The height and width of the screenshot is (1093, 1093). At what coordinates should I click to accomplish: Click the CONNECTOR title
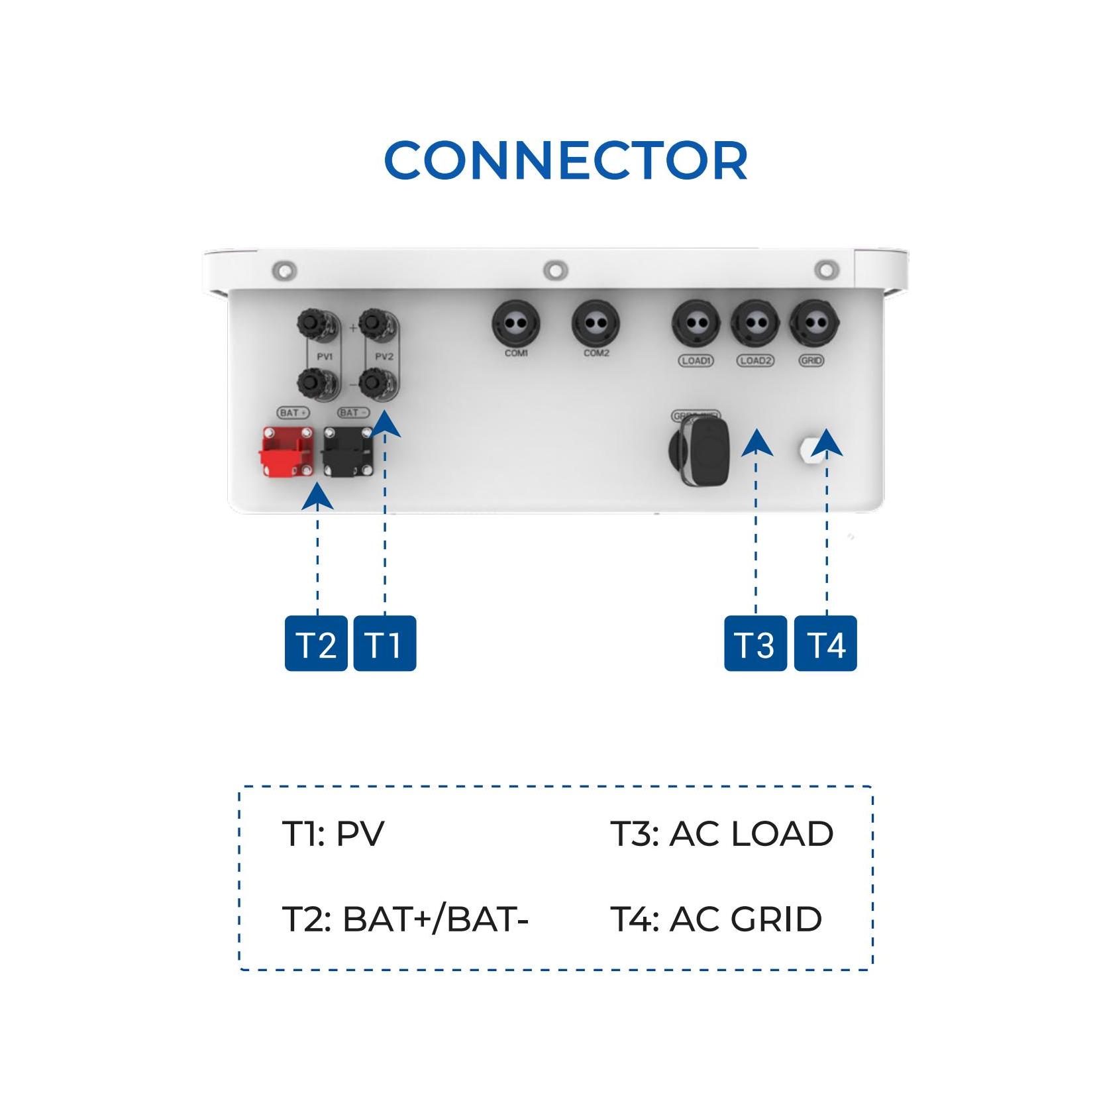pos(566,161)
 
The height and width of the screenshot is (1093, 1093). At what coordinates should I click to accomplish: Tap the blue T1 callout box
pos(384,643)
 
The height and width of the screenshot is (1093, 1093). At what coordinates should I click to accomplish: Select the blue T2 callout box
pos(316,643)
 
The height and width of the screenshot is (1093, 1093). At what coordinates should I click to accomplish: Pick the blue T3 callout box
pos(755,643)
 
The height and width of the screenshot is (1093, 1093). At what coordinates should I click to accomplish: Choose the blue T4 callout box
pos(825,643)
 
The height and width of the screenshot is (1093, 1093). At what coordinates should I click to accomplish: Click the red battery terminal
pos(285,452)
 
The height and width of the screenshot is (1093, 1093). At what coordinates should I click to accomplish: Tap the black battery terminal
pos(347,452)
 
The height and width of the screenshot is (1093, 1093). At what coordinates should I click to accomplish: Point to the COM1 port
pos(515,325)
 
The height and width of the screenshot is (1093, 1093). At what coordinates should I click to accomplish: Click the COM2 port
pos(596,325)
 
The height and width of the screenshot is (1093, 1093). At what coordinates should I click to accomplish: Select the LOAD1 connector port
pos(696,325)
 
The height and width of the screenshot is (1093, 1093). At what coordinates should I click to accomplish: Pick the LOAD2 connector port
pos(755,325)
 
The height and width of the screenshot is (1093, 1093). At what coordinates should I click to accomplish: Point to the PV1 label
pos(325,356)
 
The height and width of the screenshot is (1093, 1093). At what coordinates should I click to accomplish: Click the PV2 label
pos(384,356)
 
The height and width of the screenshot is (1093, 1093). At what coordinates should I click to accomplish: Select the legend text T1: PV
pos(333,833)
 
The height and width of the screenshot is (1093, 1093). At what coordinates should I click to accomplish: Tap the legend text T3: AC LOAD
pos(721,833)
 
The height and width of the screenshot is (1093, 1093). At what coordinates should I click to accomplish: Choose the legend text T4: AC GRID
pos(716,919)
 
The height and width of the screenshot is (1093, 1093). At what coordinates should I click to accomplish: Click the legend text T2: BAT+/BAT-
pos(405,919)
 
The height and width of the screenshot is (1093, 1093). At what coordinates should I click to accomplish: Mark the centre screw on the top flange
pos(555,270)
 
